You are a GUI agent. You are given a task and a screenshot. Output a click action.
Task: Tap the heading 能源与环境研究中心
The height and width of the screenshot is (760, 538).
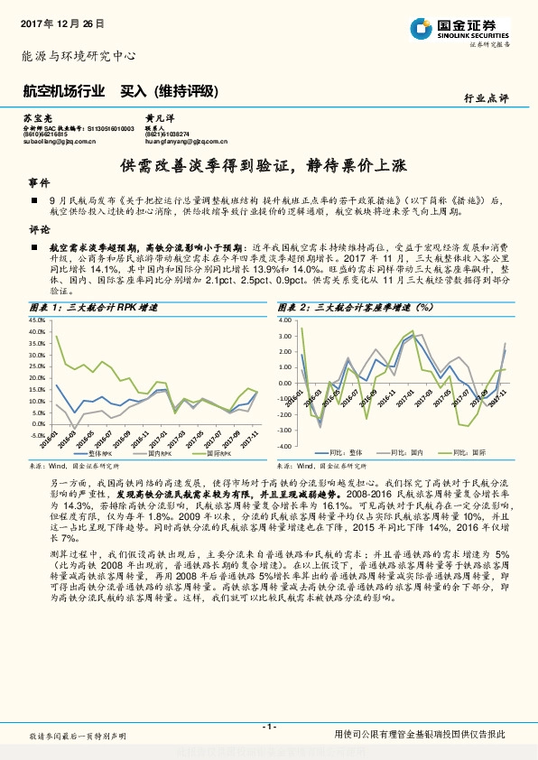(79, 56)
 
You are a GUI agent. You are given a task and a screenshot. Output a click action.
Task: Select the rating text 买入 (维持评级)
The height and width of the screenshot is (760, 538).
(171, 91)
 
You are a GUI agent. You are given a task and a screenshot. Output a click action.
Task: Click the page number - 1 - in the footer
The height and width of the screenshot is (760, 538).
(268, 727)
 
